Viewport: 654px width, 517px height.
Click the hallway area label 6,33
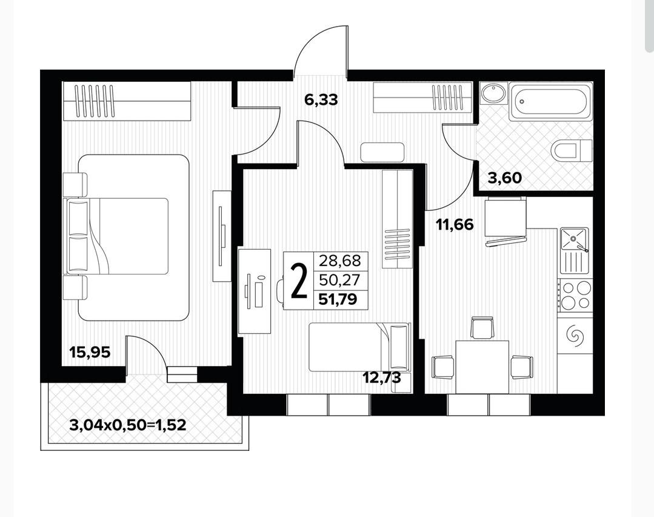click(x=321, y=100)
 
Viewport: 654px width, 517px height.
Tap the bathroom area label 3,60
click(x=505, y=178)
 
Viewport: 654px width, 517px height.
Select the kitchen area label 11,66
click(x=455, y=225)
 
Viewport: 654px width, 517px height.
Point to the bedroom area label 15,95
click(x=90, y=352)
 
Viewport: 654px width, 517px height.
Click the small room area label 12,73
click(x=382, y=378)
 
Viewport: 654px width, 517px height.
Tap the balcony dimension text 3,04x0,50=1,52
click(x=128, y=425)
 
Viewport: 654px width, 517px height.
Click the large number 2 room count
click(x=299, y=281)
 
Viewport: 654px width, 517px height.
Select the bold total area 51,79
click(x=338, y=299)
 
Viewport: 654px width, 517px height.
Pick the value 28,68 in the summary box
click(x=339, y=261)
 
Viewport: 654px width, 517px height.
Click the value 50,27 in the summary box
click(x=339, y=280)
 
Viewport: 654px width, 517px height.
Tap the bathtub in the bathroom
click(x=550, y=102)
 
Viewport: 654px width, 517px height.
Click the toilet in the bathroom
click(x=572, y=150)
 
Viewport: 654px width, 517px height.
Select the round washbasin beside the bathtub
click(x=493, y=93)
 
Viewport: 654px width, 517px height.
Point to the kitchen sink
click(x=575, y=238)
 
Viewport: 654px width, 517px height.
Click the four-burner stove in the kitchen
click(x=576, y=295)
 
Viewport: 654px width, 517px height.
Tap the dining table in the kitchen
click(x=482, y=367)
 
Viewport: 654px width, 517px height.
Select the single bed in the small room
click(x=359, y=347)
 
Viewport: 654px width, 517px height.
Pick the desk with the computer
click(x=255, y=291)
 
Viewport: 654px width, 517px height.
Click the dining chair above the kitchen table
click(x=482, y=328)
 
